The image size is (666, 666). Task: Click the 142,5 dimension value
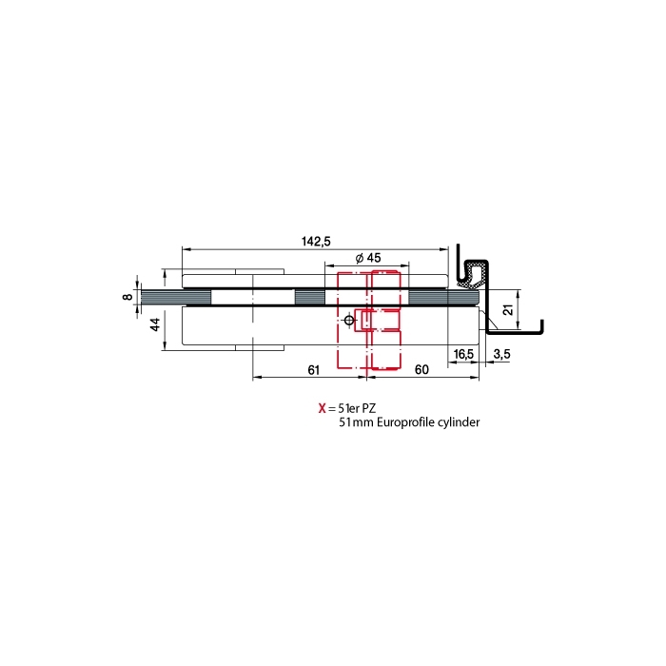coord(316,242)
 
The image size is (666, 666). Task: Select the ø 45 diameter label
coord(368,258)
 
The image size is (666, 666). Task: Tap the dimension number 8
coord(127,296)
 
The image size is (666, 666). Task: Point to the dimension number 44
coord(155,324)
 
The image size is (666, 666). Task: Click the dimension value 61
coord(313,370)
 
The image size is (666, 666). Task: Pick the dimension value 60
coord(421,370)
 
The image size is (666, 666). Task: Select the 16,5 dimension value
coord(463,354)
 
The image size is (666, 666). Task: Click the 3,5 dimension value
coord(501,354)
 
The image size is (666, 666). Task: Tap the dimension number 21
coord(508,309)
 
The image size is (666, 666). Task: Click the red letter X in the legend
coord(322,408)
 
